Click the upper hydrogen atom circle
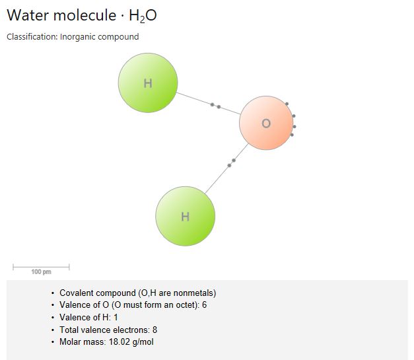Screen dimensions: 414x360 (x=148, y=83)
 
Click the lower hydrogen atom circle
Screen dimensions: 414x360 (x=186, y=216)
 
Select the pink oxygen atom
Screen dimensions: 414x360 (x=266, y=123)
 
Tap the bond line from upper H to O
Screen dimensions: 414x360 (x=209, y=104)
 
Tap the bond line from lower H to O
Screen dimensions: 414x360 (x=226, y=168)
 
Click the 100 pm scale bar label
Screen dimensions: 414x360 (x=41, y=271)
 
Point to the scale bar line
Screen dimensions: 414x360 (x=41, y=267)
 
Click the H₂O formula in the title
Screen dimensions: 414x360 (x=143, y=16)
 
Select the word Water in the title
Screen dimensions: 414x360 (x=28, y=15)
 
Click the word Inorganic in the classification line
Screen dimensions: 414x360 (x=78, y=37)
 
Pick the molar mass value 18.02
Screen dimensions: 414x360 (x=119, y=342)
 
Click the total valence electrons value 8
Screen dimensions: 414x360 (x=155, y=330)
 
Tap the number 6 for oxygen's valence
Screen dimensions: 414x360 (x=205, y=305)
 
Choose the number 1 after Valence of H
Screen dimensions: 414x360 (x=116, y=317)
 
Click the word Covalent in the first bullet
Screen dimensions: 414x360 (x=76, y=293)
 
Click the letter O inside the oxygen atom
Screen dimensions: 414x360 (x=266, y=124)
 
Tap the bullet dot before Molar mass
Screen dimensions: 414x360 (x=53, y=342)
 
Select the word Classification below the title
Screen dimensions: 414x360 (x=32, y=37)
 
